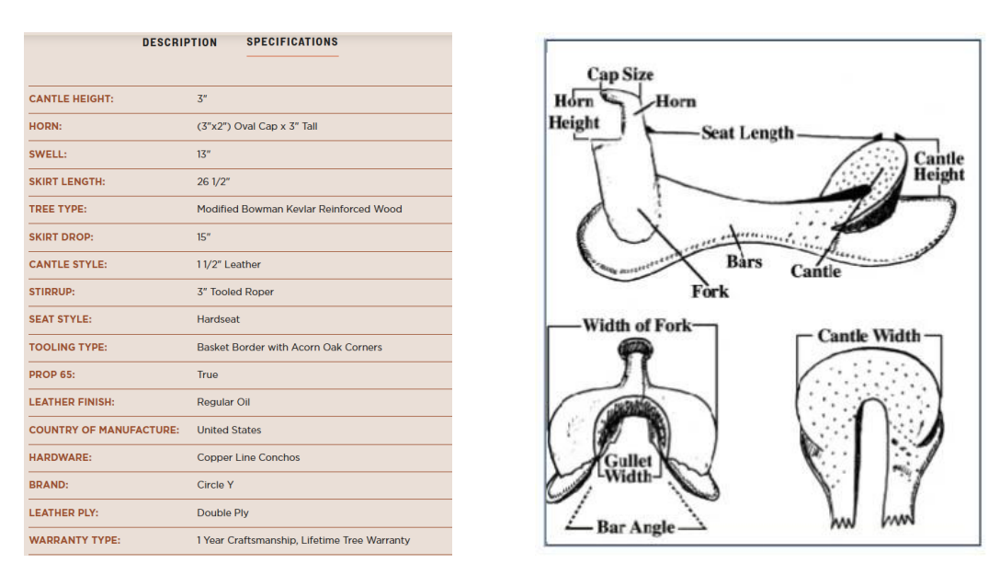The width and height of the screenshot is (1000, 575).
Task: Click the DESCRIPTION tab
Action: [x=180, y=42]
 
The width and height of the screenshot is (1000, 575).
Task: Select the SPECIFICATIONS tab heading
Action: [x=292, y=42]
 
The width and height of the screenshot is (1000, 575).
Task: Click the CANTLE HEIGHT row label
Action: [x=71, y=99]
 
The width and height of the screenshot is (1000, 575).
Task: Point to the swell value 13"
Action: [x=203, y=155]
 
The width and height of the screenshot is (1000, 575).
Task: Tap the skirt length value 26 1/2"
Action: [x=213, y=182]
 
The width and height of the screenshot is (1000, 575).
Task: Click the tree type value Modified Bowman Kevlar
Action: [x=299, y=210]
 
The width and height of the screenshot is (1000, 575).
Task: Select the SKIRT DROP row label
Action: [x=61, y=237]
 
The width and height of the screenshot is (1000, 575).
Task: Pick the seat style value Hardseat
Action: [x=218, y=320]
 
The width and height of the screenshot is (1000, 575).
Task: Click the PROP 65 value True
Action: [x=208, y=374]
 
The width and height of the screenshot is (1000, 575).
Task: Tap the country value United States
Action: [x=229, y=431]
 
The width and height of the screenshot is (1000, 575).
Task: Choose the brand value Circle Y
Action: [x=215, y=485]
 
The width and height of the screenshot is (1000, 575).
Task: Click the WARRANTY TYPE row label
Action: [x=74, y=541]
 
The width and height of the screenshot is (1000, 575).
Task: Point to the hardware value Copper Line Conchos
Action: [x=248, y=457]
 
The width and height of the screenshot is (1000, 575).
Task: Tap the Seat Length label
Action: [x=747, y=132]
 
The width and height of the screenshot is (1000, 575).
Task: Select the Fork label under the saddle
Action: [x=710, y=292]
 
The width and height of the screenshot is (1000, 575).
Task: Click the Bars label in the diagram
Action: [x=744, y=261]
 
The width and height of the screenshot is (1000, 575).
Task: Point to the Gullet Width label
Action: [x=628, y=469]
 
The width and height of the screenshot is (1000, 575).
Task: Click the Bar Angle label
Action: [x=635, y=527]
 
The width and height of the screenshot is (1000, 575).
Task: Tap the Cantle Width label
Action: [x=869, y=336]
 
